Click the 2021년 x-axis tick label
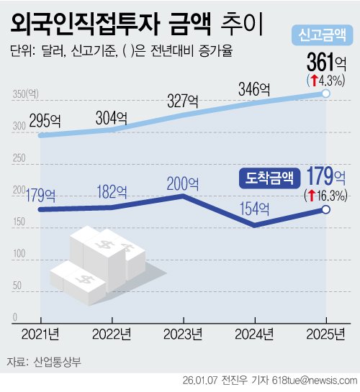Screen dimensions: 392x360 pos(41,334)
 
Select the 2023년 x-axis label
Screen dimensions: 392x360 pos(183,334)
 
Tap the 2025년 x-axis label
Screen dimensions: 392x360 pos(325,334)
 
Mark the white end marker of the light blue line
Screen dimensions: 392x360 pos(325,94)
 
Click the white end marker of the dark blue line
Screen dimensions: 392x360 pos(325,209)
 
